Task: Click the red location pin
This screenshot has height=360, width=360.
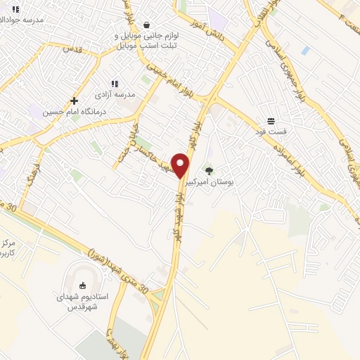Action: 181,165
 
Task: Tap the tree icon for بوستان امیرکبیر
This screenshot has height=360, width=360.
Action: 208,169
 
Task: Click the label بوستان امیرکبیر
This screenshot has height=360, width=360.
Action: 210,182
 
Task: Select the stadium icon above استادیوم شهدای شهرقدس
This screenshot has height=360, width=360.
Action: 83,285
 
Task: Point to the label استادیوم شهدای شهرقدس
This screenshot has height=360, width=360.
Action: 83,302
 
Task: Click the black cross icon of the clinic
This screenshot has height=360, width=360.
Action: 74,101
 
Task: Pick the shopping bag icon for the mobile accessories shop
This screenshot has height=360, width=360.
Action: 146,25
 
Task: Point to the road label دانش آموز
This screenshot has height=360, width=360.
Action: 210,31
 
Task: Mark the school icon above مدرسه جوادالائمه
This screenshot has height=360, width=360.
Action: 15,9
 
